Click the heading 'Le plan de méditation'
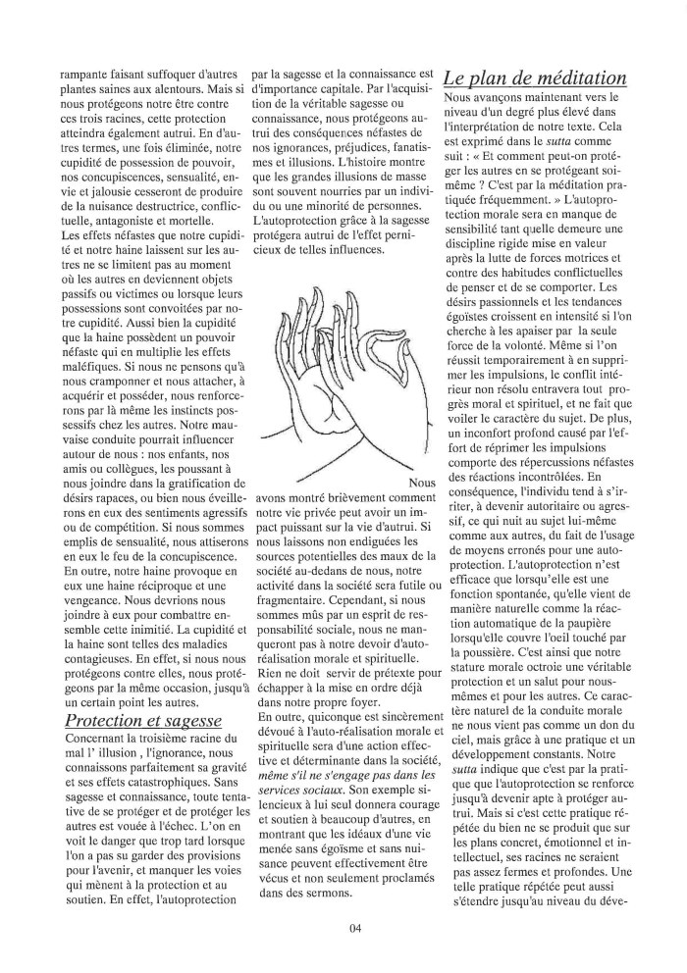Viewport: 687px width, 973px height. click(535, 77)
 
